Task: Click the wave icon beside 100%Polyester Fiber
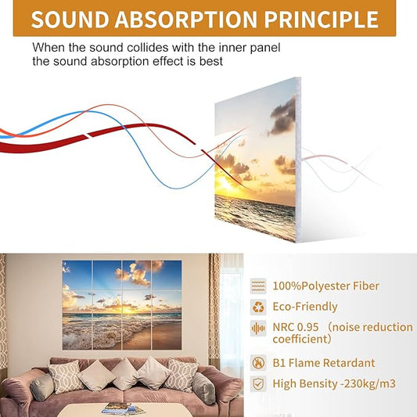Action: (x=258, y=286)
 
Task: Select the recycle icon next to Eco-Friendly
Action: (x=258, y=307)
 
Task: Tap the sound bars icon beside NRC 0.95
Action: (x=258, y=328)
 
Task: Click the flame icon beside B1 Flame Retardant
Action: (x=258, y=363)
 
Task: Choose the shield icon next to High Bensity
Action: (x=258, y=383)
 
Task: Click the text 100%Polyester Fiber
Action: (x=325, y=286)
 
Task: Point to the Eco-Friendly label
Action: (x=305, y=307)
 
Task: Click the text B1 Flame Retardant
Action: (x=323, y=363)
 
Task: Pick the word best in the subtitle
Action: (x=210, y=61)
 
